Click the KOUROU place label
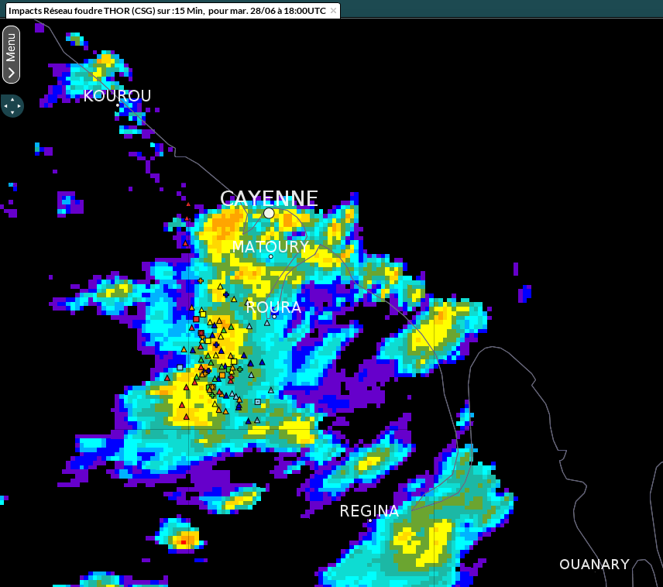[x=117, y=96]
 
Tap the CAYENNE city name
[x=269, y=199]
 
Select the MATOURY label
[x=270, y=247]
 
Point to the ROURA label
[x=273, y=307]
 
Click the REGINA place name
[x=369, y=511]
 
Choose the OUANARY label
[x=594, y=565]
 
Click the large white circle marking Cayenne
[x=269, y=213]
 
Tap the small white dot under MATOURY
[x=271, y=256]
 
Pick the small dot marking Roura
[x=274, y=316]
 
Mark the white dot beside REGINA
[x=369, y=520]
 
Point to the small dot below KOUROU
[x=118, y=105]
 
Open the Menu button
[x=11, y=54]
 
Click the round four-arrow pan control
[x=12, y=105]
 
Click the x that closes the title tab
[x=333, y=11]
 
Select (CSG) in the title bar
[x=141, y=11]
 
